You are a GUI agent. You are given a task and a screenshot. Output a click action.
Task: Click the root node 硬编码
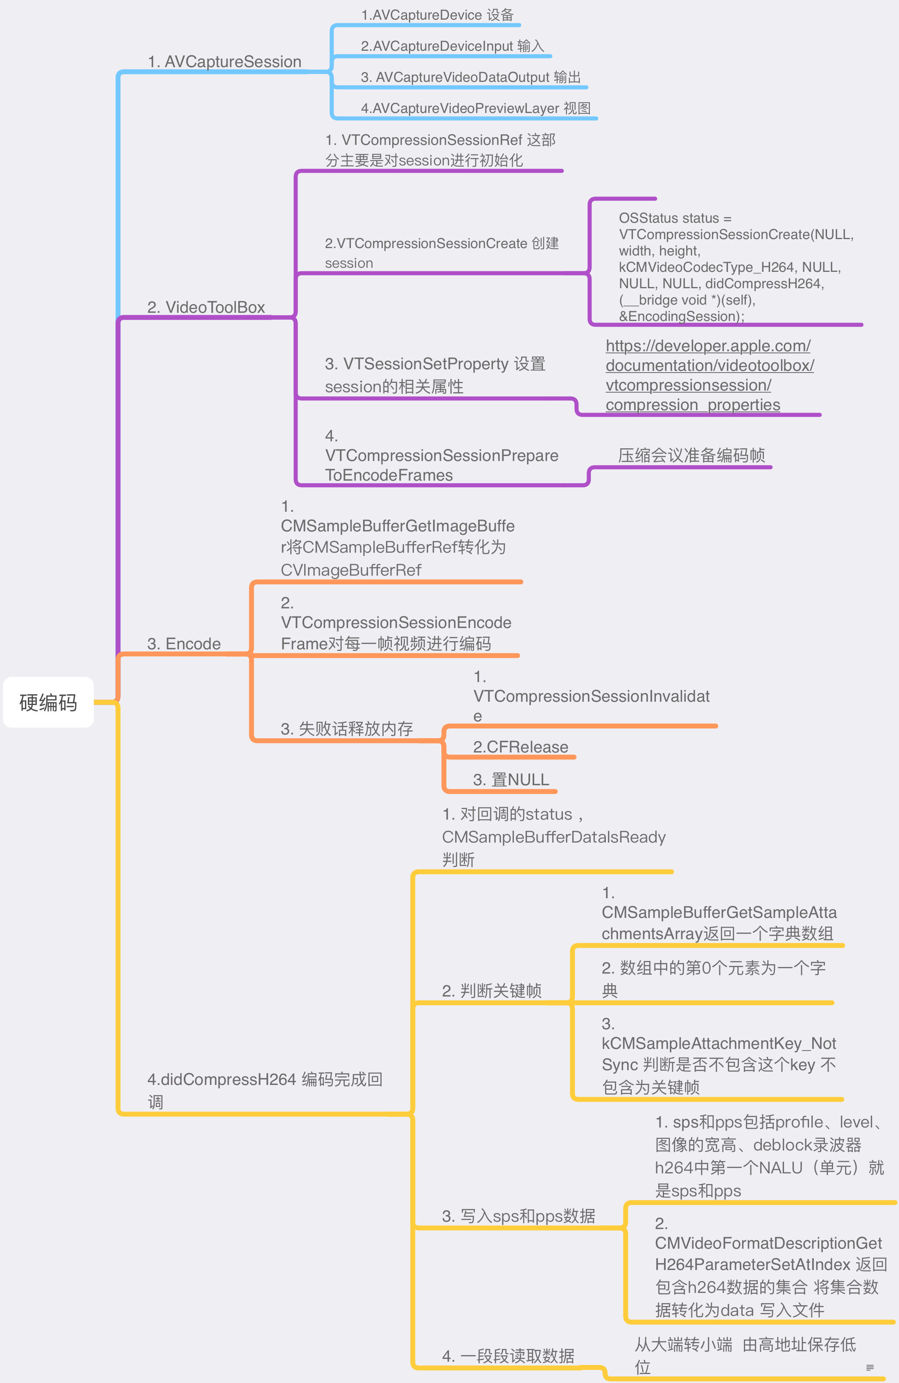point(48,702)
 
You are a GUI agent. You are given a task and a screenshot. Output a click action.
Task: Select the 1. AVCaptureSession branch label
point(224,61)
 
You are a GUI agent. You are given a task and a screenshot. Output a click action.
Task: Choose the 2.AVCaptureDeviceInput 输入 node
point(452,46)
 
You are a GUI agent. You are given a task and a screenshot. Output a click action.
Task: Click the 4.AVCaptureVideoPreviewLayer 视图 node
point(475,108)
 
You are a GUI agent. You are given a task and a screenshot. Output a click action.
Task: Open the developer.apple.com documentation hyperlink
point(709,375)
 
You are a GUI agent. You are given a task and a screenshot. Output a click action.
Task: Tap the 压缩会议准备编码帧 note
point(691,455)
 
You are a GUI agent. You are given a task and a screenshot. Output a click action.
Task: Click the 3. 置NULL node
point(511,779)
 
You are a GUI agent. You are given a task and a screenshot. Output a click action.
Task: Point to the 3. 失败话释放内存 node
point(346,729)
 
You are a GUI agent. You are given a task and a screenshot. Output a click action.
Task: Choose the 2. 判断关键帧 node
point(492,990)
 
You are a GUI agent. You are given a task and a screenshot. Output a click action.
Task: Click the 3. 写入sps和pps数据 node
point(518,1216)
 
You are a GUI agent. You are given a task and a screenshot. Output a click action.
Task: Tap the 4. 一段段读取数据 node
point(508,1356)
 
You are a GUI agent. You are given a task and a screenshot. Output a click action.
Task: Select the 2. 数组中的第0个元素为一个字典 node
point(713,978)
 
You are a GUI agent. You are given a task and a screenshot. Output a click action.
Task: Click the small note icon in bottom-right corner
point(870,1367)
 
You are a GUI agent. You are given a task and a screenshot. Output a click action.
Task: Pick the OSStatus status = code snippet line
point(675,218)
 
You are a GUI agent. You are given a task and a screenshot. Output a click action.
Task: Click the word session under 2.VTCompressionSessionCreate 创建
point(349,263)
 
